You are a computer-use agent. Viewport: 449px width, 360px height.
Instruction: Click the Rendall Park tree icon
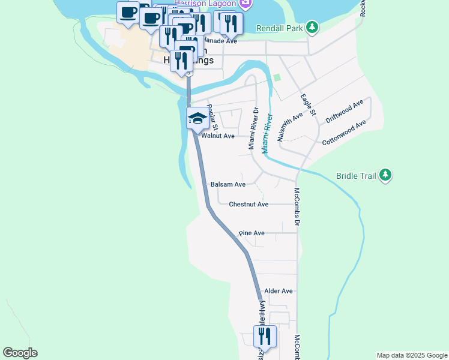tap(312, 28)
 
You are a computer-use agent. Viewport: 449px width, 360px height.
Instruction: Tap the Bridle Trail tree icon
tap(385, 175)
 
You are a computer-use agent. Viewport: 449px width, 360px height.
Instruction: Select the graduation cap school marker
tap(197, 119)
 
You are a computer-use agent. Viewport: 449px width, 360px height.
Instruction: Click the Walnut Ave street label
tap(218, 136)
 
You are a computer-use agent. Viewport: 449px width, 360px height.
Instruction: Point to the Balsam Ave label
tap(228, 185)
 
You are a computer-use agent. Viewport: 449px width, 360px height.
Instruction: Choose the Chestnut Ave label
tap(249, 205)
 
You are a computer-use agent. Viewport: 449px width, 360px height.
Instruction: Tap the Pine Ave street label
tap(252, 233)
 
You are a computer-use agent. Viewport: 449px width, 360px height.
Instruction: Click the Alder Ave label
tap(279, 291)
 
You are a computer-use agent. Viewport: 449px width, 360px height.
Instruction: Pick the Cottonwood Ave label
tap(343, 133)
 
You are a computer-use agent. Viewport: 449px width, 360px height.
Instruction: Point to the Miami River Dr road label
tap(253, 128)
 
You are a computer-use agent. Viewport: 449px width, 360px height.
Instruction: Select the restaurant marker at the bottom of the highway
tap(264, 337)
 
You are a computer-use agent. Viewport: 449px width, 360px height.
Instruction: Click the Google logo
tap(20, 353)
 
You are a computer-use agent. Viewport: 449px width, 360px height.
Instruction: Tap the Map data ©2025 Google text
tap(411, 355)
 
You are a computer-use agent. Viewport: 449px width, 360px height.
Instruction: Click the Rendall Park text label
tap(280, 28)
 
